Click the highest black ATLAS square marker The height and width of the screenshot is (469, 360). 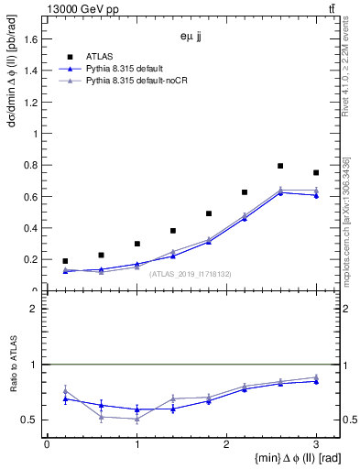click(280, 166)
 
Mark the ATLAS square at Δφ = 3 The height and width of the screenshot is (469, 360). click(316, 172)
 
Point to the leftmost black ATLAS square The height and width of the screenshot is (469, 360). click(65, 261)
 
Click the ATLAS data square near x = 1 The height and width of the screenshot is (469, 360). click(136, 244)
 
